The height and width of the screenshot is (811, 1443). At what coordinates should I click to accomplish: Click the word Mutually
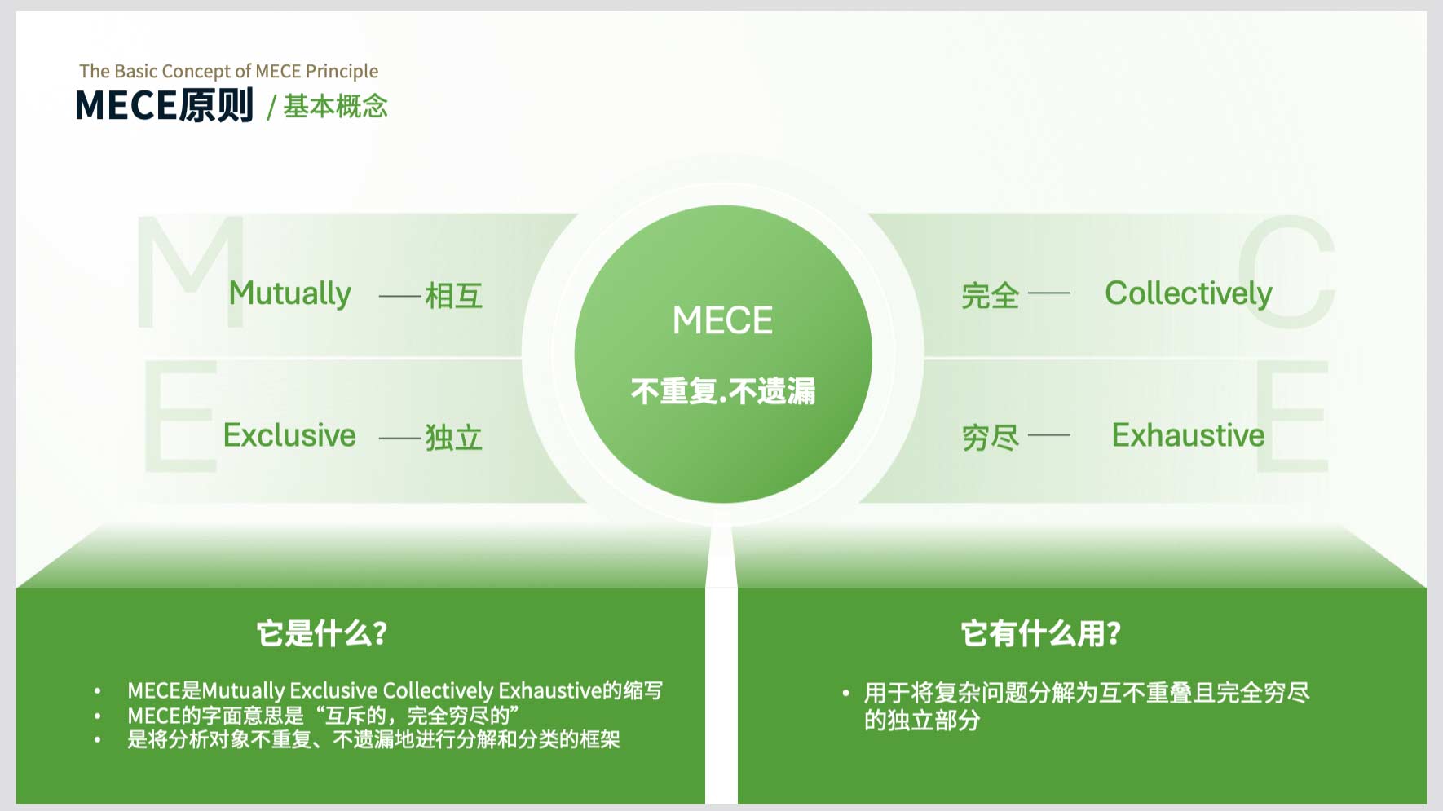click(289, 294)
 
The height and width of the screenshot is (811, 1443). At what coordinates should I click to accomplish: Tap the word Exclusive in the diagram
click(289, 435)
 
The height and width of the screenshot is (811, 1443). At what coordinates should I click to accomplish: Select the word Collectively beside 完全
click(1188, 294)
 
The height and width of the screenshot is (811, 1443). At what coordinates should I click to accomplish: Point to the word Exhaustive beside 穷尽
click(1188, 435)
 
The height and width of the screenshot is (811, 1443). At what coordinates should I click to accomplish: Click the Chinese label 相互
click(454, 296)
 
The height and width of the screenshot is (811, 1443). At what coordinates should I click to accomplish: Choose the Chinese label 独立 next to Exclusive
click(454, 438)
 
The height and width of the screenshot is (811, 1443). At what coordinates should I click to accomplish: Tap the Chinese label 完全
click(991, 296)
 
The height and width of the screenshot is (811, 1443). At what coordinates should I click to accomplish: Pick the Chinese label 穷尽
click(991, 438)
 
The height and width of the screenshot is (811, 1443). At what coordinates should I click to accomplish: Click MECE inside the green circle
click(722, 320)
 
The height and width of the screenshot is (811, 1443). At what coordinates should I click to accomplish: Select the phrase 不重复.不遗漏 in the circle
click(722, 391)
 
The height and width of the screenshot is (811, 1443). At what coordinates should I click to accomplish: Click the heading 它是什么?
click(322, 633)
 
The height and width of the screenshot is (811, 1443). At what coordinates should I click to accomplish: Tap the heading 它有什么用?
click(1041, 633)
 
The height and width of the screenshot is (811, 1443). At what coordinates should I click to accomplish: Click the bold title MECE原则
click(165, 106)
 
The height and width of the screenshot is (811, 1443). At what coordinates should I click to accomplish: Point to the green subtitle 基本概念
click(335, 106)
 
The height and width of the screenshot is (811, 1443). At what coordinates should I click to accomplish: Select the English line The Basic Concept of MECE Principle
click(229, 71)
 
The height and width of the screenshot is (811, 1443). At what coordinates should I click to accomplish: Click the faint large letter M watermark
click(191, 271)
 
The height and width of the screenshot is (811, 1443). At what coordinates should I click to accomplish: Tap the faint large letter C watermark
click(1286, 271)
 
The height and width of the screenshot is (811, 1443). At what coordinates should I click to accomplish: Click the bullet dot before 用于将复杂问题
click(845, 694)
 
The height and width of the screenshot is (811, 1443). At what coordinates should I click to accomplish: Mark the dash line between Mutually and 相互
click(400, 296)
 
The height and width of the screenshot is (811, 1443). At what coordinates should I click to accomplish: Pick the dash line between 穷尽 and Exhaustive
click(1049, 435)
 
